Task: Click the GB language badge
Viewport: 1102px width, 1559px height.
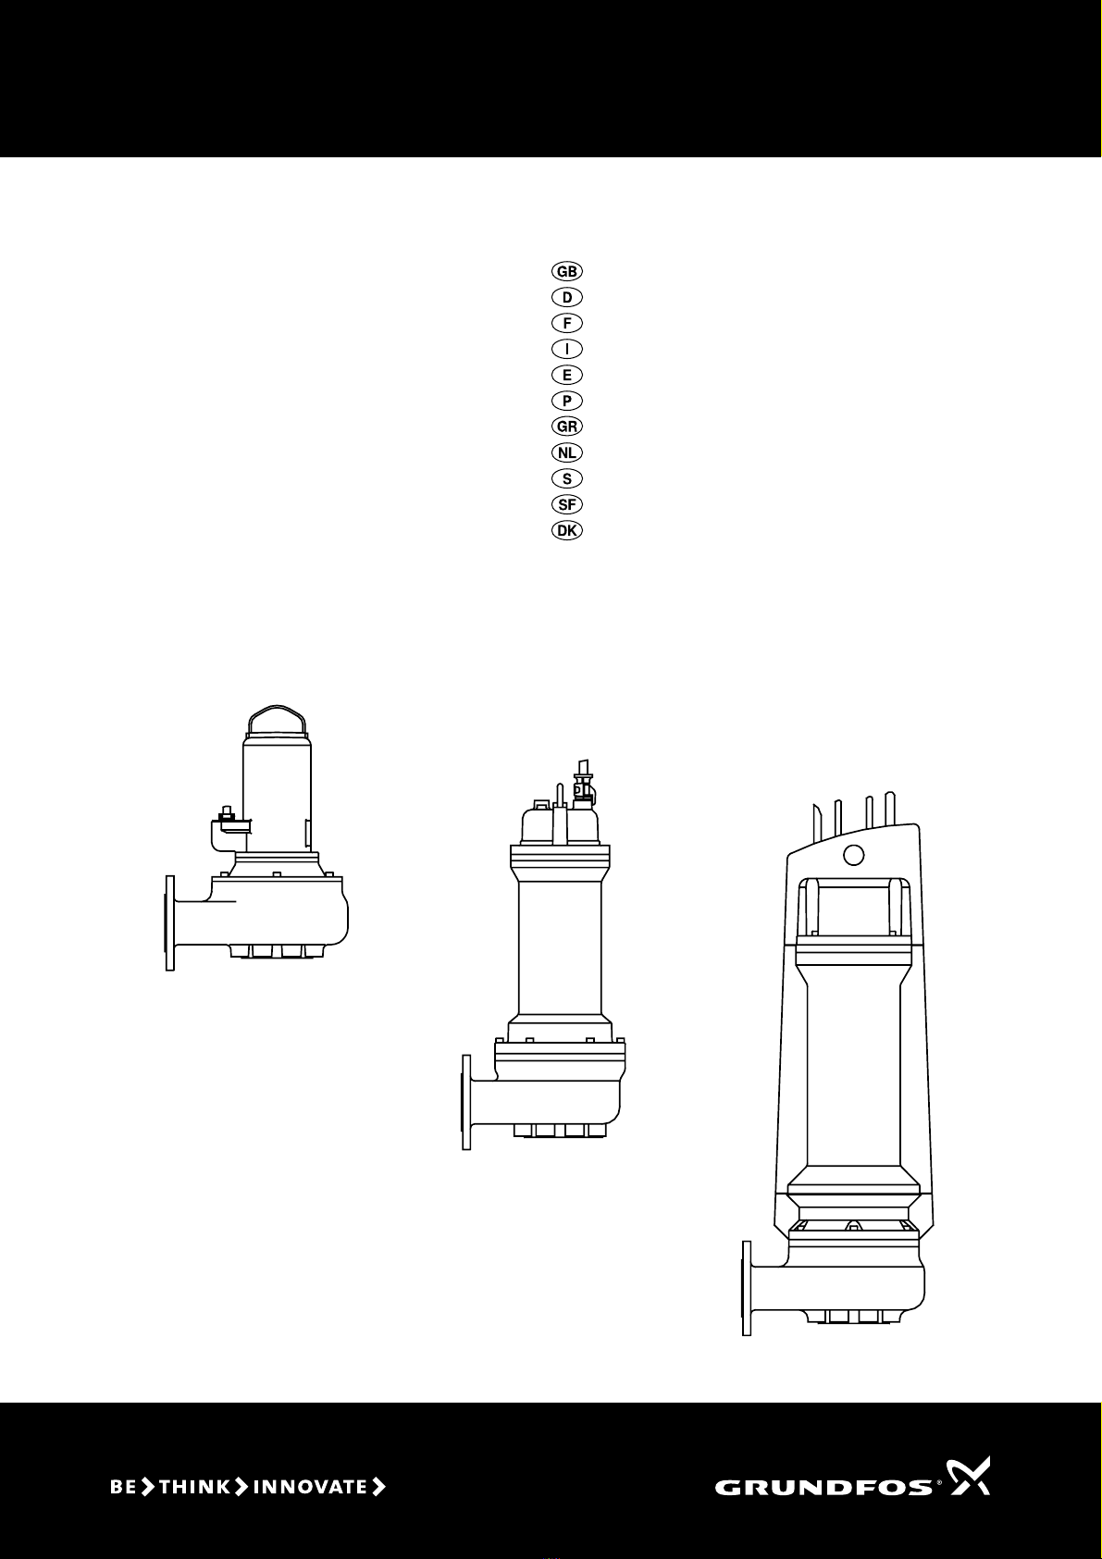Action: (566, 271)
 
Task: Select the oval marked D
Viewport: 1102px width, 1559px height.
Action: (566, 297)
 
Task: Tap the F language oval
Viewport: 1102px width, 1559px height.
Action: (566, 323)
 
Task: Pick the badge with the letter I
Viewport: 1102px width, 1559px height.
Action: (566, 349)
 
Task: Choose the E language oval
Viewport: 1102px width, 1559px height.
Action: (566, 375)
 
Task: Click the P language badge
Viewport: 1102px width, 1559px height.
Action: (566, 401)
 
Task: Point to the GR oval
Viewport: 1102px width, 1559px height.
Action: (566, 427)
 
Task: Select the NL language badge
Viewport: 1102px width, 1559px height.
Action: (566, 452)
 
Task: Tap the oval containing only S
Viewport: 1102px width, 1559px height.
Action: (566, 479)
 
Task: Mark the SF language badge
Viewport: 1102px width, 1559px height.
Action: (566, 504)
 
